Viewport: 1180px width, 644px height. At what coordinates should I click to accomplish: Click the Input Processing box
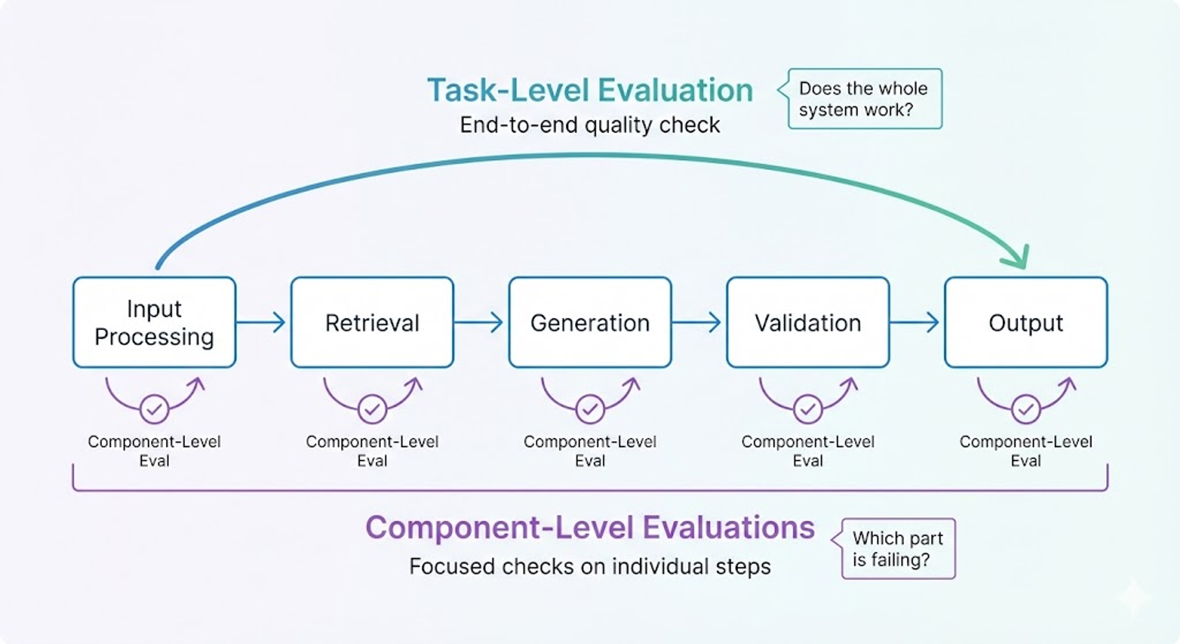coord(154,323)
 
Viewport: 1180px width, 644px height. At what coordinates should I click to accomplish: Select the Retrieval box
coord(372,323)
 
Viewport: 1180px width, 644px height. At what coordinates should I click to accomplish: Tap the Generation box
coord(590,323)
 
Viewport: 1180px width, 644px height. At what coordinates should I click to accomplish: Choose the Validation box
coord(808,323)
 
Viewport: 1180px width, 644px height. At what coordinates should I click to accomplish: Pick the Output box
coord(1026,323)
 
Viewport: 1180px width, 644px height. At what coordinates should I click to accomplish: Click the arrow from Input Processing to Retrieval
coord(262,322)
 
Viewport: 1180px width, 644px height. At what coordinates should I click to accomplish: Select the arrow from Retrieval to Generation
coord(480,322)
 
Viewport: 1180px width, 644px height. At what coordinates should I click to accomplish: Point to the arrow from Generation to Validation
coord(698,322)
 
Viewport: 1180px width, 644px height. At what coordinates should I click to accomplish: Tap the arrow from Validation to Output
coord(916,322)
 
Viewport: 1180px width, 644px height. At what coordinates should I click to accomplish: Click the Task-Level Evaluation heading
coord(590,90)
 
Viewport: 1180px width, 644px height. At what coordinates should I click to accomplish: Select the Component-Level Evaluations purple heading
coord(590,527)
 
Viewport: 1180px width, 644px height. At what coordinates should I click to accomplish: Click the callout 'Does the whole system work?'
coord(864,99)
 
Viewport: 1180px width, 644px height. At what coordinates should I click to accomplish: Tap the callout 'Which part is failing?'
coord(898,548)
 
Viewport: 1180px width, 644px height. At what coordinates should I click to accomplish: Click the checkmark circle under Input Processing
coord(154,409)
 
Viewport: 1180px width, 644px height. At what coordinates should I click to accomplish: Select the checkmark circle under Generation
coord(590,409)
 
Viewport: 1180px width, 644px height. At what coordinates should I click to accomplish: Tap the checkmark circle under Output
coord(1026,409)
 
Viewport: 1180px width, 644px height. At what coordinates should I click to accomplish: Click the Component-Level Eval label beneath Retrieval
coord(372,451)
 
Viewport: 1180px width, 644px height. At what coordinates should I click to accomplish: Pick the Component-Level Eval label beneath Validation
coord(808,451)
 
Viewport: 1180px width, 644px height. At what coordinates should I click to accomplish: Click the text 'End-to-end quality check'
coord(590,125)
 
